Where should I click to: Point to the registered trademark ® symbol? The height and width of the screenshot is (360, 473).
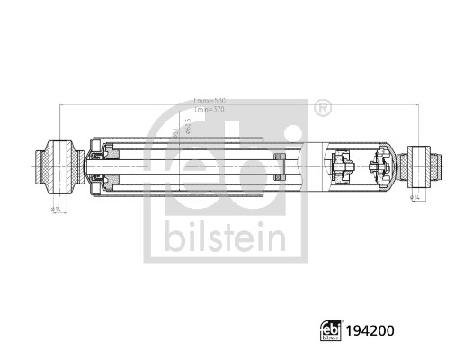322,109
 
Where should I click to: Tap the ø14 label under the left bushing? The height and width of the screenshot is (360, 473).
56,211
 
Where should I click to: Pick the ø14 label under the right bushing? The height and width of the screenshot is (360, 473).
415,196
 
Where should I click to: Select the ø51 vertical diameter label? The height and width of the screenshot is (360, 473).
174,135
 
